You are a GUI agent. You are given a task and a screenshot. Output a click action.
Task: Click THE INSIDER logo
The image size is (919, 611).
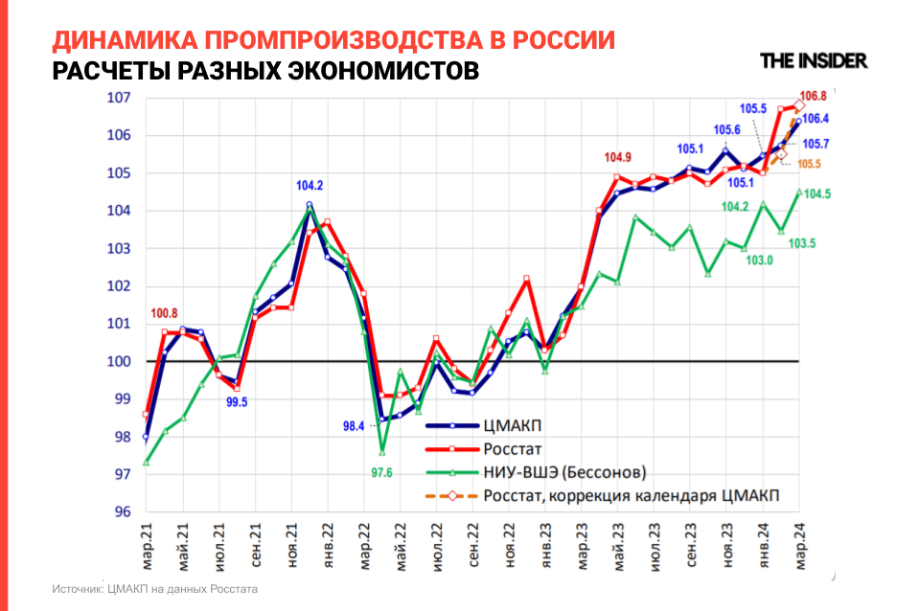pyautogui.click(x=813, y=60)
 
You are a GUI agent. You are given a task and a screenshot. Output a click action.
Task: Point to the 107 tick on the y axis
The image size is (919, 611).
pyautogui.click(x=118, y=98)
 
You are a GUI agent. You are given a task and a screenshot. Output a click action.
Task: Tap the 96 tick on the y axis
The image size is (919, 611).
pyautogui.click(x=122, y=512)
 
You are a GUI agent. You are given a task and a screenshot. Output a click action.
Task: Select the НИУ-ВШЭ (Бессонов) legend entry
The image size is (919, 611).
pyautogui.click(x=565, y=471)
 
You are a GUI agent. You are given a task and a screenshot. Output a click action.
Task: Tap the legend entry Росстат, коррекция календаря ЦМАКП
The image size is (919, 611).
pyautogui.click(x=632, y=495)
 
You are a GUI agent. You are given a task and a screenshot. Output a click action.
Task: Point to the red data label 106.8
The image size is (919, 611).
pyautogui.click(x=813, y=96)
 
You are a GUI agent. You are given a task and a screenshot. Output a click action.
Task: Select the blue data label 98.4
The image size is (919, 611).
pyautogui.click(x=354, y=426)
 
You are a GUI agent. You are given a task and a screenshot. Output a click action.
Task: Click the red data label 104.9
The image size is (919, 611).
pyautogui.click(x=618, y=158)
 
